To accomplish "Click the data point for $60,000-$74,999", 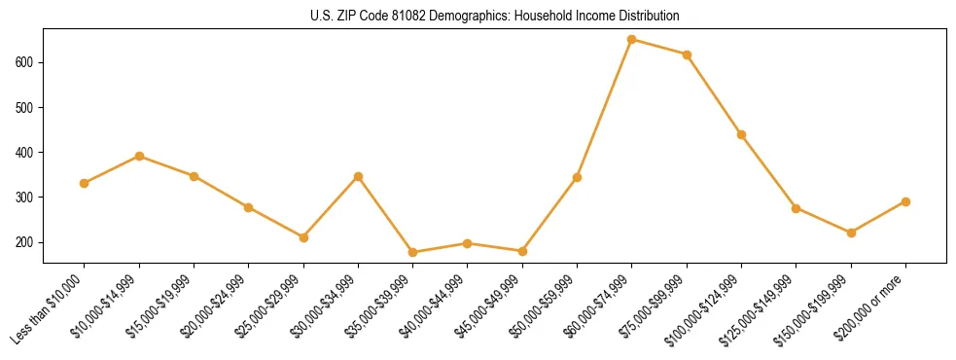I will tap(632, 40).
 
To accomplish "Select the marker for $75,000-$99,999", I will tap(687, 54).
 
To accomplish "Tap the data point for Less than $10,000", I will tap(85, 183).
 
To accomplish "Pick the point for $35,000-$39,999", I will tap(413, 252).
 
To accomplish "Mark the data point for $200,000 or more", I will tap(905, 201).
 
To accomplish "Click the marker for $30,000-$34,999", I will tap(358, 176).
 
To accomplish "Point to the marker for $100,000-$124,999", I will tap(741, 134).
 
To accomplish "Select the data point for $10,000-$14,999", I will tap(139, 156).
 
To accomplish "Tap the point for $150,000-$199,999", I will tap(851, 233).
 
